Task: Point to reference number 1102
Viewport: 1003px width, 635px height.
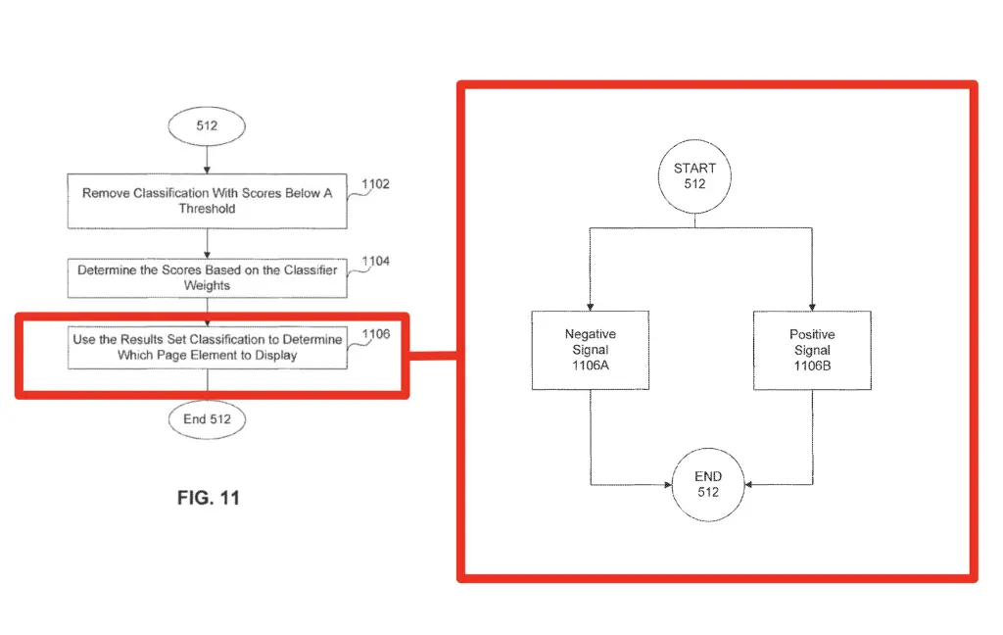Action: pyautogui.click(x=375, y=184)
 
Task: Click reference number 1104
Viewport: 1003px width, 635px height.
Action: pyautogui.click(x=375, y=262)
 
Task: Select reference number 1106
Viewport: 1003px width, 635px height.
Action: pyautogui.click(x=375, y=334)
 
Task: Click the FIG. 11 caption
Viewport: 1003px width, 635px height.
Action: pyautogui.click(x=209, y=498)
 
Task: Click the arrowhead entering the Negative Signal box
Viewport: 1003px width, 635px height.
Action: pyautogui.click(x=591, y=308)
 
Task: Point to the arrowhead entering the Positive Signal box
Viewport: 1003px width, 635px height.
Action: pyautogui.click(x=812, y=308)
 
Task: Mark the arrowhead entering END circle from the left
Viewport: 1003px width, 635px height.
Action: pyautogui.click(x=668, y=484)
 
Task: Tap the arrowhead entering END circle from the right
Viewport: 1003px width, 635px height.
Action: pyautogui.click(x=749, y=484)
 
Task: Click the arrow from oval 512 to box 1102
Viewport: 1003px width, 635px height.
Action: pyautogui.click(x=207, y=160)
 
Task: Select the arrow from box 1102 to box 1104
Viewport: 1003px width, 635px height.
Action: pyautogui.click(x=207, y=244)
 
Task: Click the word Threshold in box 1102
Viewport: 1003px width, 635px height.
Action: pyautogui.click(x=208, y=209)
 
